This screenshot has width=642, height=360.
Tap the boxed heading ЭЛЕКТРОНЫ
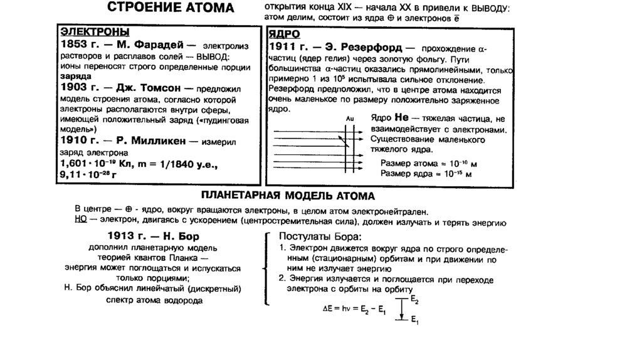[94, 32]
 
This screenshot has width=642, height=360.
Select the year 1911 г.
[290, 47]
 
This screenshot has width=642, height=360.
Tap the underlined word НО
[80, 221]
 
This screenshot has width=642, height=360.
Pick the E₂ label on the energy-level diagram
[414, 302]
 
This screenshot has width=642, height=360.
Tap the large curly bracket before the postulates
[266, 269]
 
